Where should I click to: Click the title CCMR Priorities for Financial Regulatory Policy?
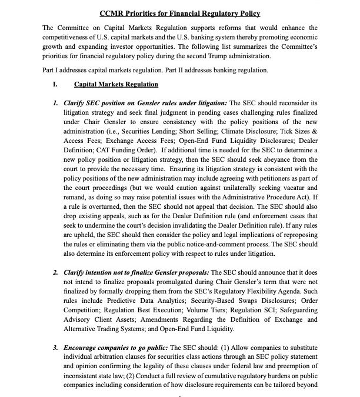click(179, 13)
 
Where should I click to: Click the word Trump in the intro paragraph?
click(205, 56)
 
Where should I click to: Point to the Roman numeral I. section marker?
click(55, 85)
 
